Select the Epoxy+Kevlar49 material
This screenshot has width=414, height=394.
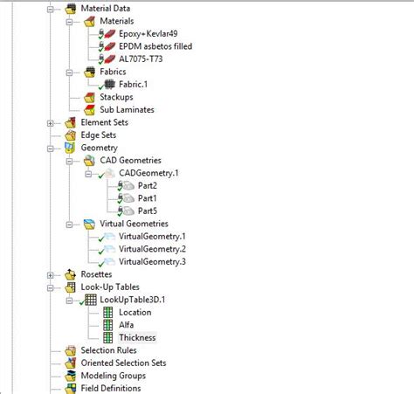coord(155,32)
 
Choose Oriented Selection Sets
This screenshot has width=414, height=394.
coord(129,363)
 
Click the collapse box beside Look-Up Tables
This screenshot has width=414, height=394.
coord(52,287)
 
